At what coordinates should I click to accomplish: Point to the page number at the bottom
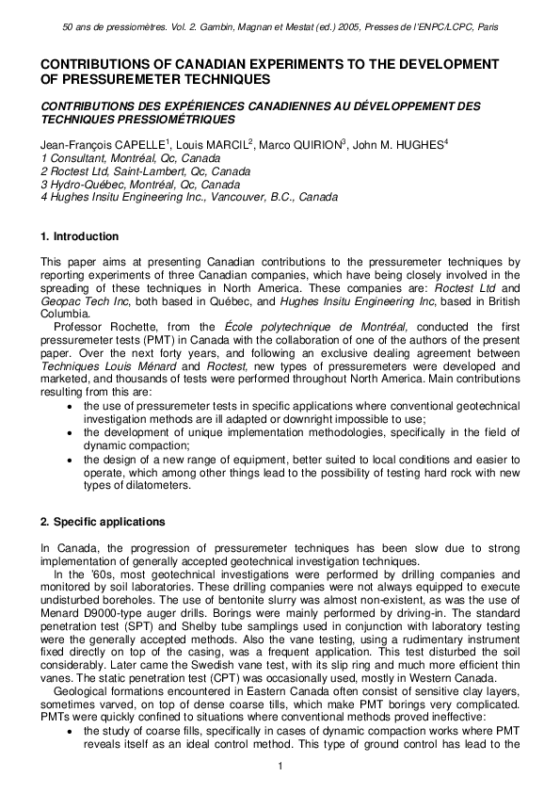coord(280,765)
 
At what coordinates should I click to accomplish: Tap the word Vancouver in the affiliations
coord(216,198)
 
